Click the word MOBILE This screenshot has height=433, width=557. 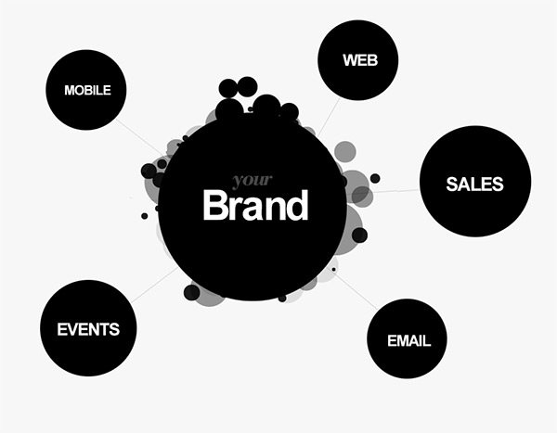pos(87,90)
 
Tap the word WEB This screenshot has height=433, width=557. pos(360,60)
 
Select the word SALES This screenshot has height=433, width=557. pos(474,184)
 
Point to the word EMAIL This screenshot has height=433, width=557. pos(408,340)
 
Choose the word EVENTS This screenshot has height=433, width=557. pos(88,329)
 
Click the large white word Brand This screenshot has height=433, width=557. pos(255,205)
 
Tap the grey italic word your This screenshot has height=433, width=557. pos(253,180)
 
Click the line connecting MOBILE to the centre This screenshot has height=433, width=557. pos(140,137)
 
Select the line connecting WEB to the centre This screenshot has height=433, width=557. pos(329,117)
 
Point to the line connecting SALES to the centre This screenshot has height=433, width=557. pos(396,191)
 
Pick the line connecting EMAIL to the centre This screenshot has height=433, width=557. pos(356,290)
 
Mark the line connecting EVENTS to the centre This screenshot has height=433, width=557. pos(154,286)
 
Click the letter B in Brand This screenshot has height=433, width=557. pos(214,205)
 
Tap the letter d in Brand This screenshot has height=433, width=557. pos(297,205)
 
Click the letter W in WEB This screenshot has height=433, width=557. pos(350,60)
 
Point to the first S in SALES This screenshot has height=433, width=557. pos(452,184)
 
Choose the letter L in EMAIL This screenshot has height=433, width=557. pos(426,340)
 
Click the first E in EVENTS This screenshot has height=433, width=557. pos(62,329)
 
